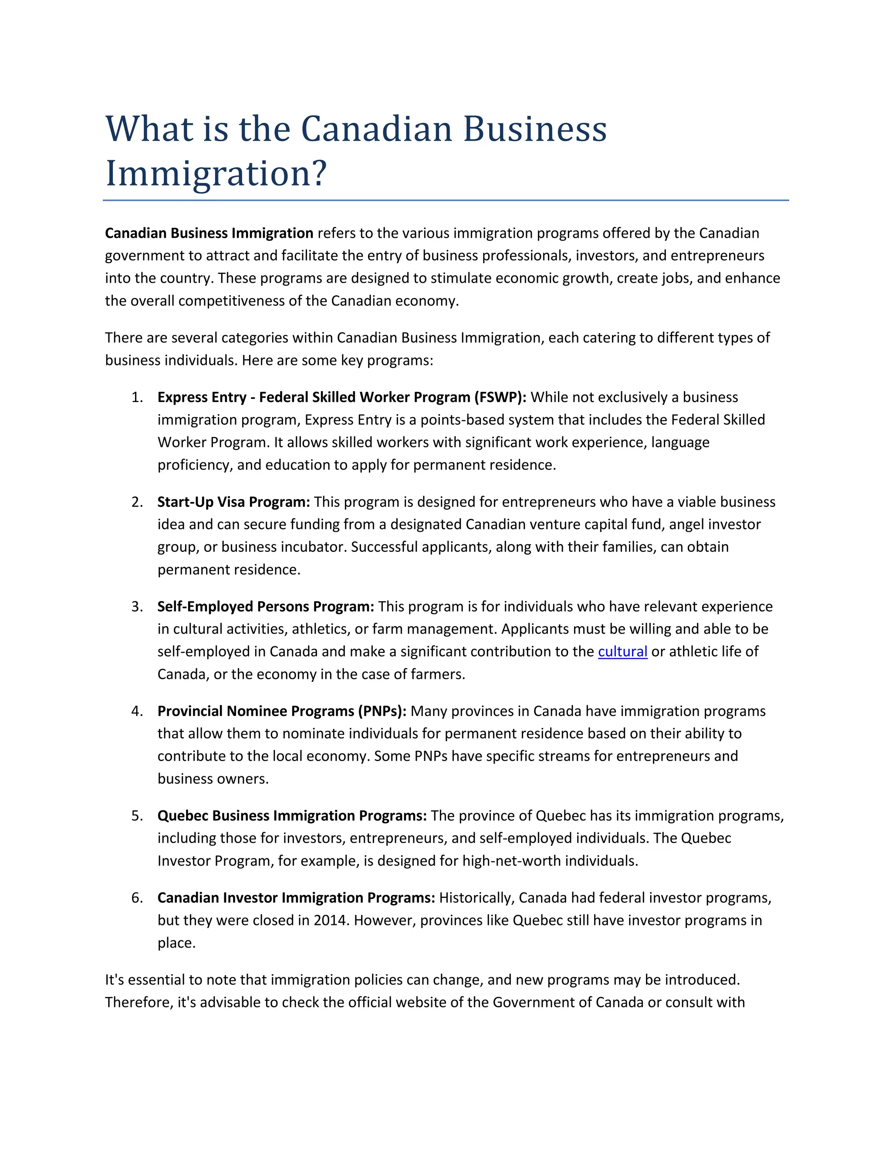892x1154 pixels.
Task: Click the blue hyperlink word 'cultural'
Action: pos(622,651)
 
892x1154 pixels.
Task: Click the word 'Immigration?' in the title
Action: pos(216,174)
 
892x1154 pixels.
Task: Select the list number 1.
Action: pos(137,397)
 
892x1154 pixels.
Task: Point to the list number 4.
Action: pos(137,711)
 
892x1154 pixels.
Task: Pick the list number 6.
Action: pos(137,898)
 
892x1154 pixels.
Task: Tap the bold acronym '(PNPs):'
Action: pos(382,711)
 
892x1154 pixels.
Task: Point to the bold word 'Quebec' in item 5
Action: pos(183,816)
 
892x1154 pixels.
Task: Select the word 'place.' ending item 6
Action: pos(176,943)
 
